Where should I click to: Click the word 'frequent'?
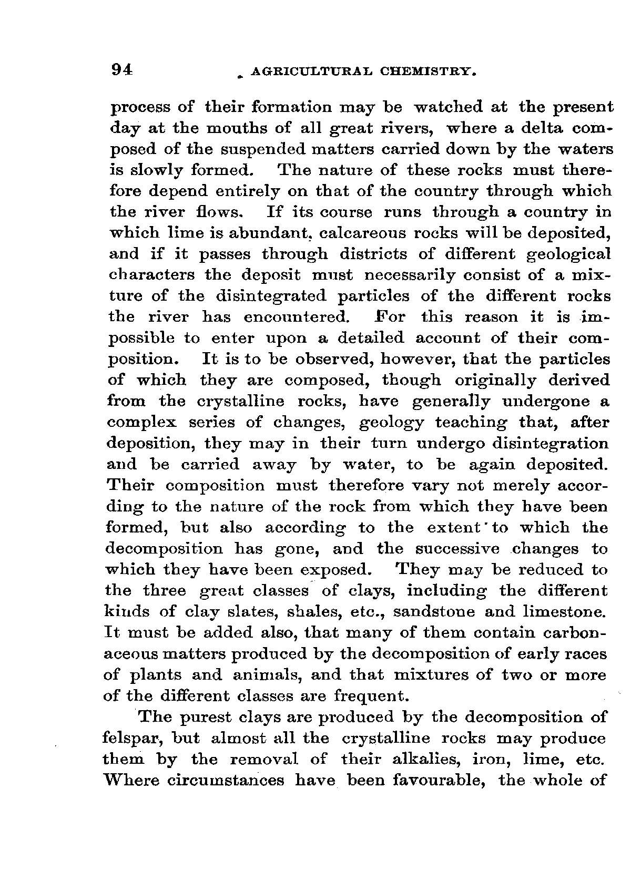[x=371, y=697]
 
